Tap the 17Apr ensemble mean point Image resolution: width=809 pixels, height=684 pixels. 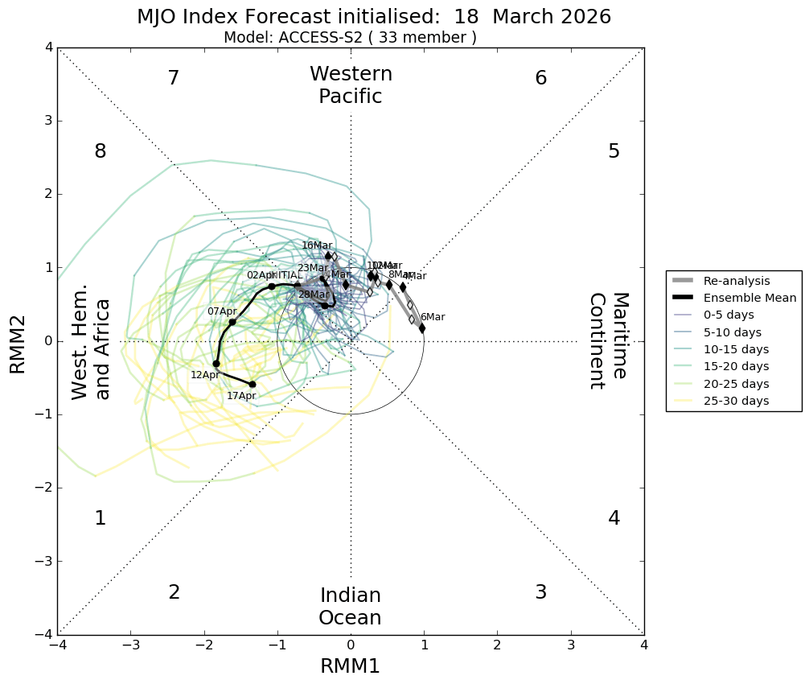click(253, 385)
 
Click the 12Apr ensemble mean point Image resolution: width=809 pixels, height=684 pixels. click(216, 364)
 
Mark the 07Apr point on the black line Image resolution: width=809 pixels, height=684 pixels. click(232, 322)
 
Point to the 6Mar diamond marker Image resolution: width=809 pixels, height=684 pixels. click(422, 328)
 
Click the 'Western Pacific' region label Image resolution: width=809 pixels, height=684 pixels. click(351, 85)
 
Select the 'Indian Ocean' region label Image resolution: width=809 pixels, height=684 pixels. click(351, 607)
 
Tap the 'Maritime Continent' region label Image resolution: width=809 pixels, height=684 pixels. click(608, 341)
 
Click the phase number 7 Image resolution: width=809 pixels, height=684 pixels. click(173, 78)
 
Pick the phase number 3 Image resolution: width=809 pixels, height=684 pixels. click(540, 592)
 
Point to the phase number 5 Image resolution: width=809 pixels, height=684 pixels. click(614, 151)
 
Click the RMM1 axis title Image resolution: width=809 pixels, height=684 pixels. click(351, 666)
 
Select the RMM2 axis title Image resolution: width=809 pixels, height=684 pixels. click(18, 341)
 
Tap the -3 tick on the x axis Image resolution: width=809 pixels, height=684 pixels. click(131, 645)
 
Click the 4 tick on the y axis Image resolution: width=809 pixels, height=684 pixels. click(49, 48)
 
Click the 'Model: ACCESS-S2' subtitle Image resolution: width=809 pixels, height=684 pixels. click(350, 38)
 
